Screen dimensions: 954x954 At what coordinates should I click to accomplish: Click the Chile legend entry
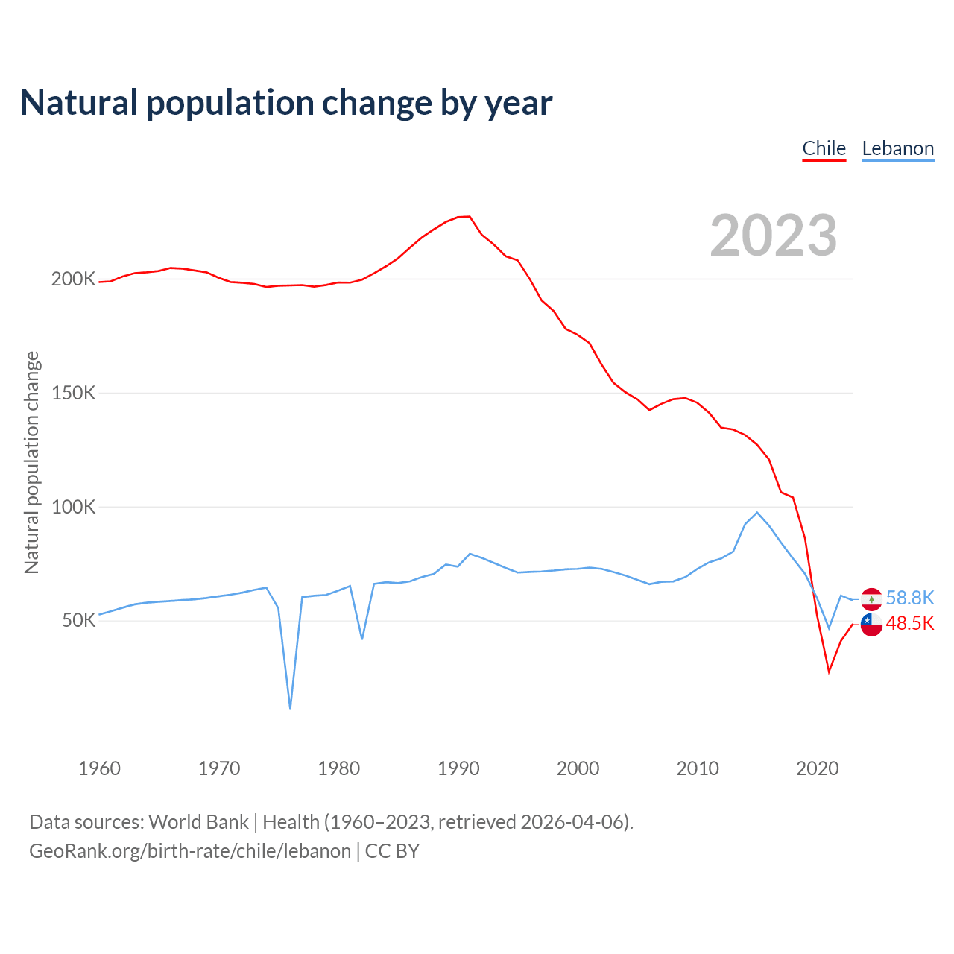(x=824, y=148)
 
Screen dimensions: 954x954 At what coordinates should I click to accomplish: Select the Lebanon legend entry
(x=897, y=148)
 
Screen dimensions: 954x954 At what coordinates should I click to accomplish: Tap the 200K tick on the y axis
(x=73, y=279)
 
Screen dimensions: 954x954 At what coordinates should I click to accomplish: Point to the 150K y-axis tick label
(x=73, y=393)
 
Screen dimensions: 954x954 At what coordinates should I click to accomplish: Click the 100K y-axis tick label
(x=73, y=507)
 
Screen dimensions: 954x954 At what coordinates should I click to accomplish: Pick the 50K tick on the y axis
(x=78, y=621)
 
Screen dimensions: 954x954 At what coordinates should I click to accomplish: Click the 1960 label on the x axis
(x=99, y=768)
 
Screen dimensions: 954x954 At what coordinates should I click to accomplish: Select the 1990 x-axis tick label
(x=458, y=768)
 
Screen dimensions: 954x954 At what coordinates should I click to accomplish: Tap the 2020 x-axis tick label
(x=818, y=768)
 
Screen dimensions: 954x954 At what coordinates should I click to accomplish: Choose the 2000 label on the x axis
(x=578, y=768)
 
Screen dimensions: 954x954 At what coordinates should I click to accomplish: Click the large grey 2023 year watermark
(x=774, y=236)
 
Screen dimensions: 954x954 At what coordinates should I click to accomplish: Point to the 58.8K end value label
(x=910, y=598)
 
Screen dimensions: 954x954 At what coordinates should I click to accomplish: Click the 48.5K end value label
(x=910, y=623)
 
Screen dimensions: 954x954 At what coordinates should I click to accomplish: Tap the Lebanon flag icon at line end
(x=871, y=598)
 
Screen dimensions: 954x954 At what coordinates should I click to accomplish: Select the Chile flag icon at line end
(x=871, y=625)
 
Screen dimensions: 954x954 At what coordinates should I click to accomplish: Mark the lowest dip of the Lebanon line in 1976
(x=290, y=708)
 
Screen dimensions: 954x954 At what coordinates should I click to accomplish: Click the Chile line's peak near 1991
(x=469, y=216)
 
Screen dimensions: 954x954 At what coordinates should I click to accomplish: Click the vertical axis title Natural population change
(x=31, y=463)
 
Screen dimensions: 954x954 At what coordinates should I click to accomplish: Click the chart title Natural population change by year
(x=286, y=103)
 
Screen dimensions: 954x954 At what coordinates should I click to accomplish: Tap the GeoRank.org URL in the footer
(x=190, y=851)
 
